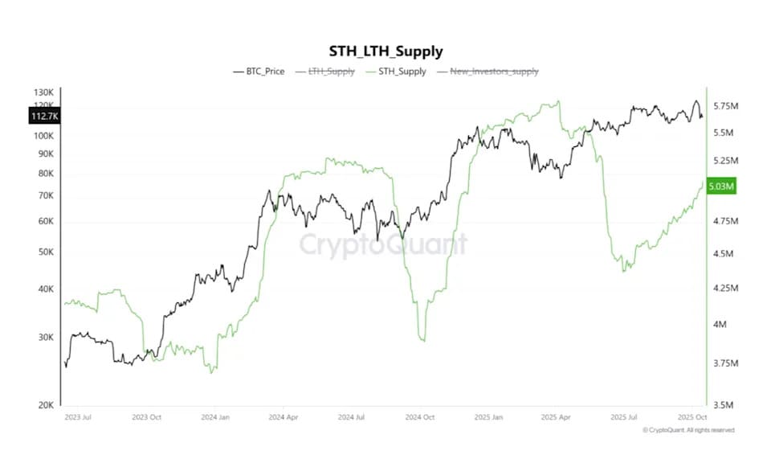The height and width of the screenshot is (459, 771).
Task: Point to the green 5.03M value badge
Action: click(x=719, y=186)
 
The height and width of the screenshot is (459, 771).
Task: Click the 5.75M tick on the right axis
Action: click(x=726, y=106)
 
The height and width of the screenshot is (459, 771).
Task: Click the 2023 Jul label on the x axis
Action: click(x=78, y=418)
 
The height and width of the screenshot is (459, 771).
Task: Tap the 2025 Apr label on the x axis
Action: click(x=557, y=418)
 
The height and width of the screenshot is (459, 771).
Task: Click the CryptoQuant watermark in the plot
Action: click(x=383, y=244)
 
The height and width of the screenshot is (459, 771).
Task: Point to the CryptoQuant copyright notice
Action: click(x=688, y=431)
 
